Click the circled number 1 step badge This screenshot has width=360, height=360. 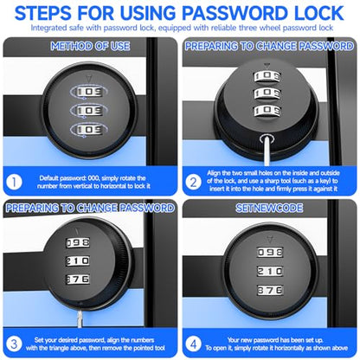point(14,183)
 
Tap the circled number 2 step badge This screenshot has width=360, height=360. point(193,183)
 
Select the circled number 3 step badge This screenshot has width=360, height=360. point(14,344)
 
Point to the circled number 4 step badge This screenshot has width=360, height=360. point(193,344)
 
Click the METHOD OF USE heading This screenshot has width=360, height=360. point(90,46)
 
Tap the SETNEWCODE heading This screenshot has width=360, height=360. point(269,208)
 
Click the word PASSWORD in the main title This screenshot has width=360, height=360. point(234,13)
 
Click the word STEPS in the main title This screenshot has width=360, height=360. point(43,13)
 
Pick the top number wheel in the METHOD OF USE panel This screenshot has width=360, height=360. point(89,92)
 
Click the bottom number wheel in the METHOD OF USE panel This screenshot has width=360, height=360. point(89,129)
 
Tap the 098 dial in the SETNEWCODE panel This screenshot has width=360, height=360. point(270,253)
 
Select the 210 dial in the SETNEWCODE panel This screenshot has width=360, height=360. point(270,271)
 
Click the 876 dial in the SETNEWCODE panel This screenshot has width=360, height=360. point(270,290)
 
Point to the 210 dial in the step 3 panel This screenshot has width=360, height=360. point(78,260)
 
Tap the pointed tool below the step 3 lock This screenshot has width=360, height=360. point(80,318)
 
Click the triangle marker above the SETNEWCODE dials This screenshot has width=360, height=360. point(269,240)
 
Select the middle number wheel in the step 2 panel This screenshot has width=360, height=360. point(267,93)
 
